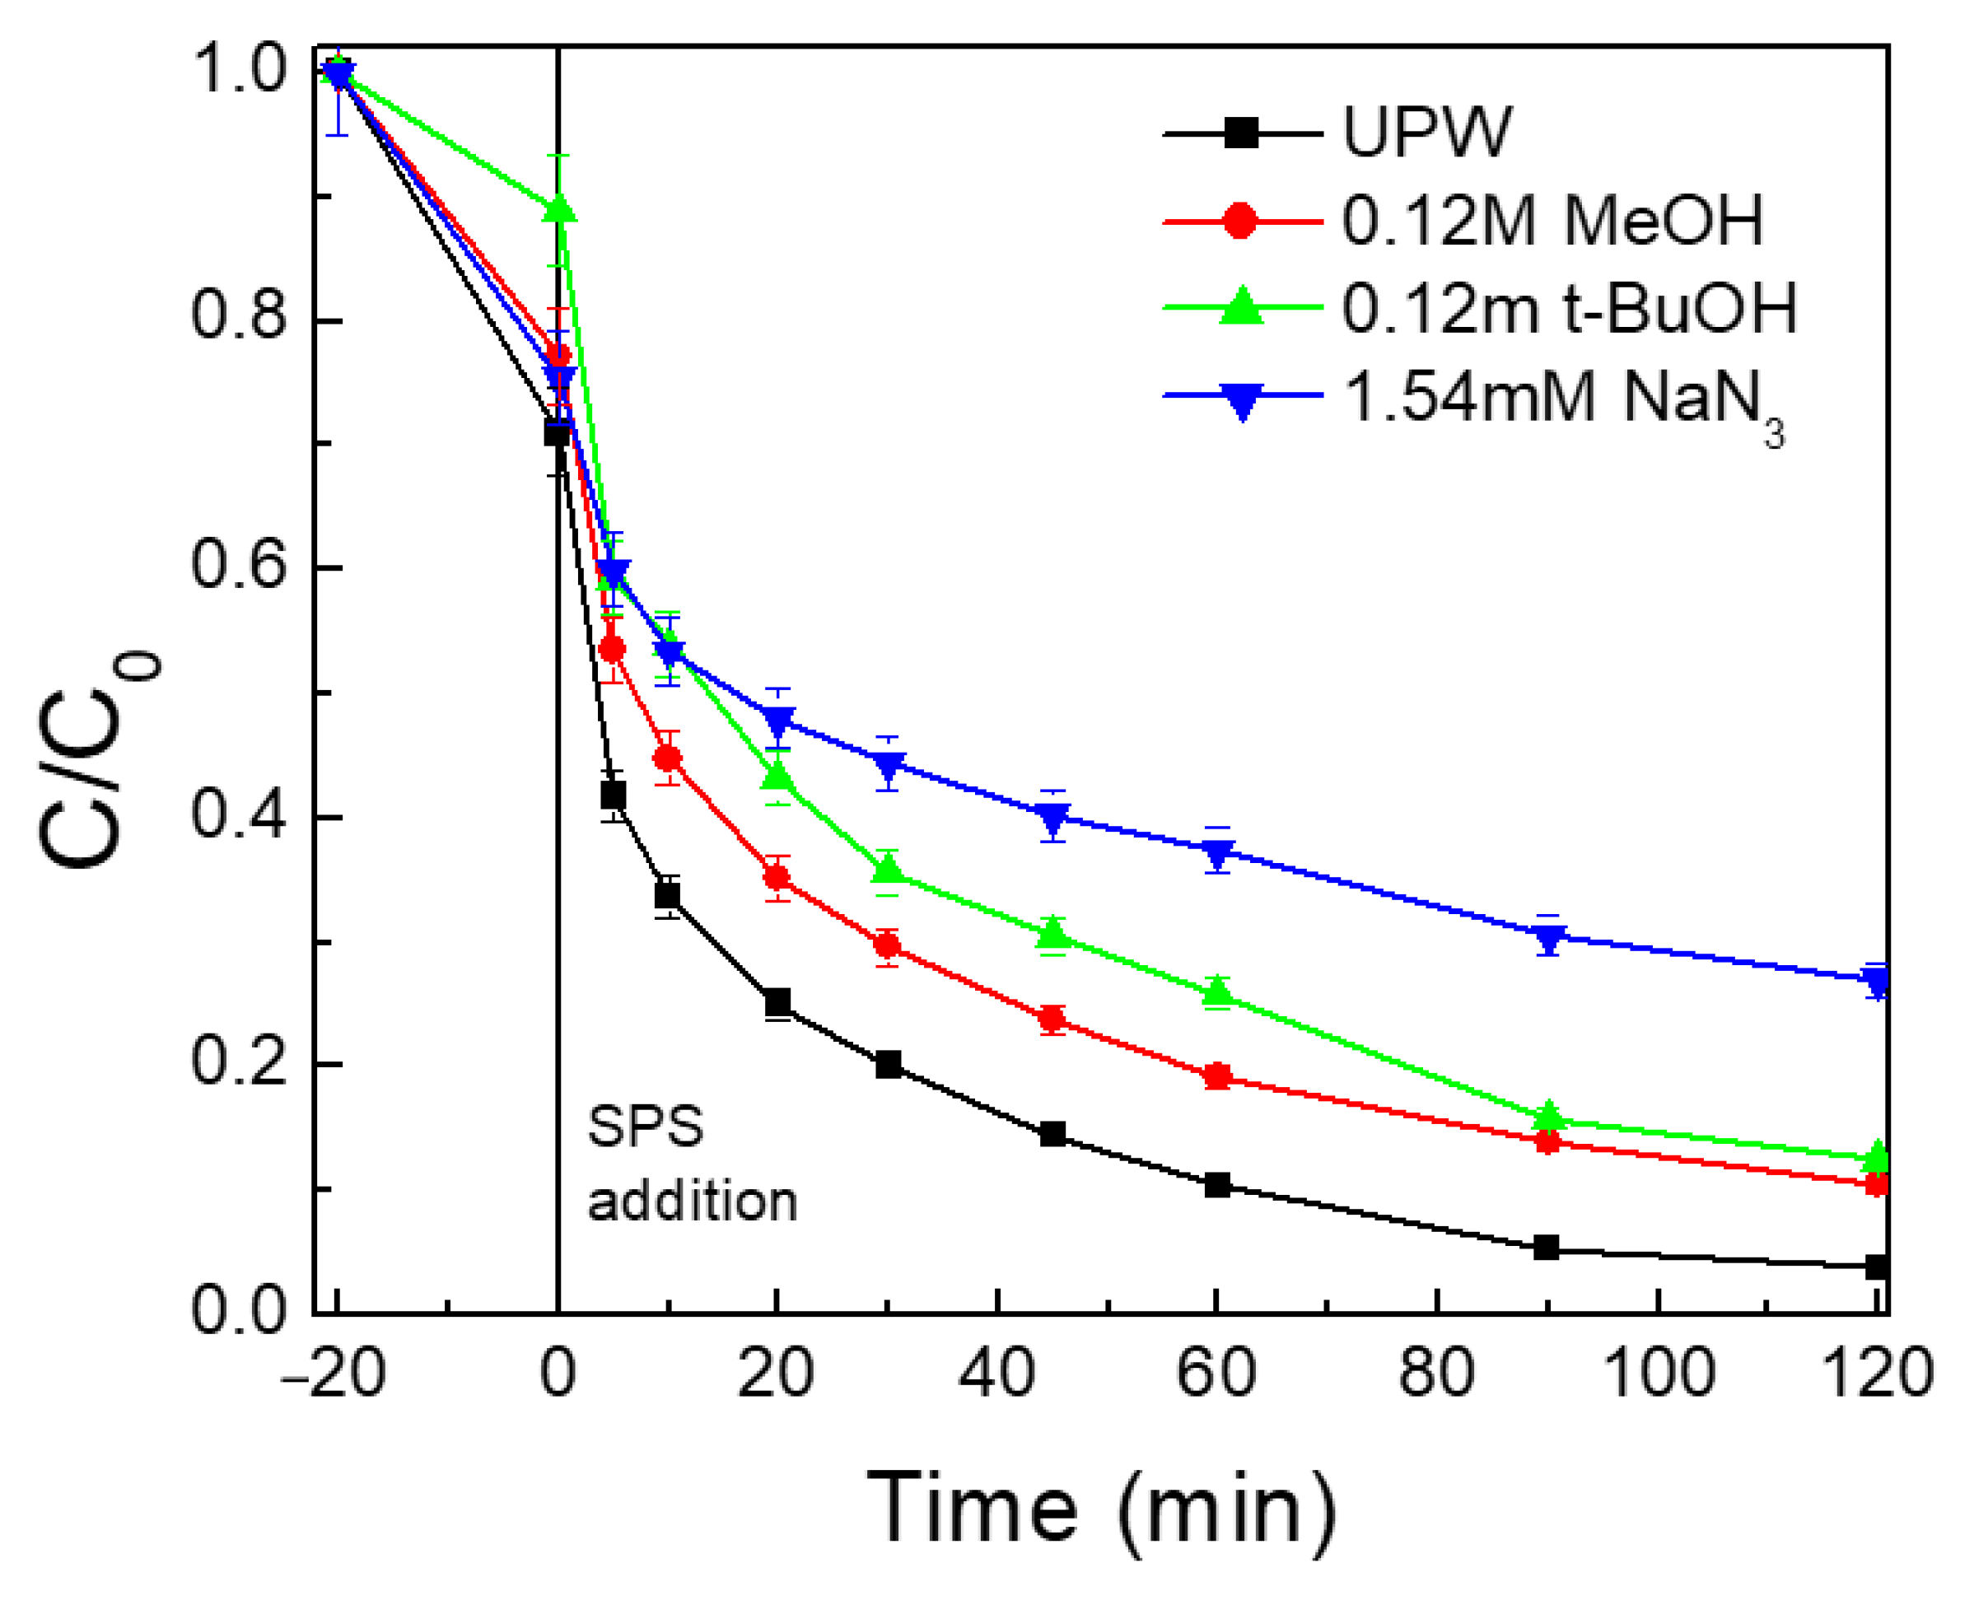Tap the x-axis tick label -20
pyautogui.click(x=333, y=1372)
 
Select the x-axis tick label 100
pyautogui.click(x=1659, y=1372)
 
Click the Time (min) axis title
pyautogui.click(x=1100, y=1507)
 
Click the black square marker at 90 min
pyautogui.click(x=1546, y=1248)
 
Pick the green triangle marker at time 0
pyautogui.click(x=558, y=209)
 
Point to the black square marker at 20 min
pyautogui.click(x=777, y=1002)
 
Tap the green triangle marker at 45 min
pyautogui.click(x=1052, y=934)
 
